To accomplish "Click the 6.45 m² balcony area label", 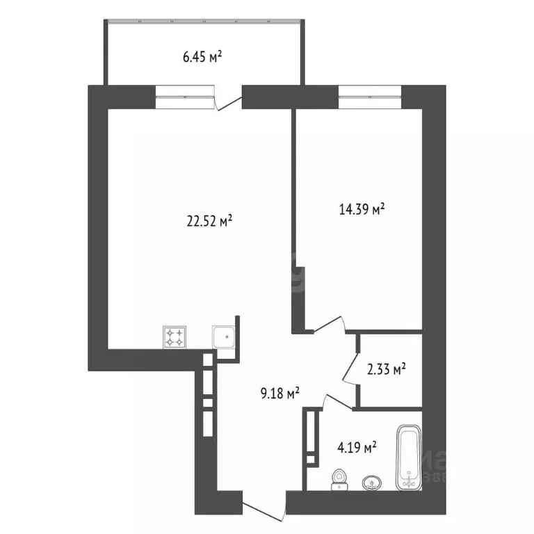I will [202, 57].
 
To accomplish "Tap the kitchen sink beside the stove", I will [225, 337].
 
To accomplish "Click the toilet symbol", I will [339, 479].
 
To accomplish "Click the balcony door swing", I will [227, 100].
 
